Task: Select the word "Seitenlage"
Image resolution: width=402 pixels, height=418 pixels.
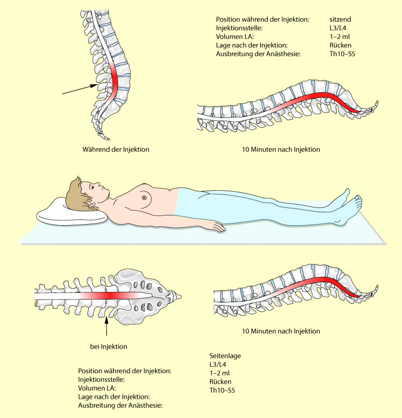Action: click(x=225, y=356)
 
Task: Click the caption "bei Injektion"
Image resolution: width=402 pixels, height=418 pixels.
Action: click(x=109, y=346)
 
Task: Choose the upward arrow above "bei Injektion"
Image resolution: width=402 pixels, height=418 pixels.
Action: click(x=107, y=326)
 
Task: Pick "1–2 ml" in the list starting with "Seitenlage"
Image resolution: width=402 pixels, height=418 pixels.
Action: click(x=220, y=373)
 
